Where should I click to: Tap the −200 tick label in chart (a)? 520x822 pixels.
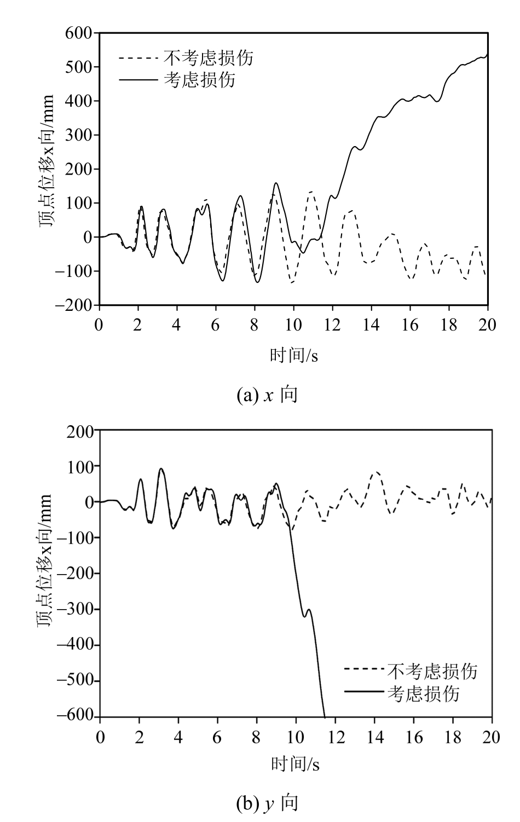coord(76,305)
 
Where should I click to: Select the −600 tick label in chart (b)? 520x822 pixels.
coord(76,717)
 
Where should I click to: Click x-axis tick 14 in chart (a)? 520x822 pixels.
coord(371,325)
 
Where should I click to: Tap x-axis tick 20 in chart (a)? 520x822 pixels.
coord(487,325)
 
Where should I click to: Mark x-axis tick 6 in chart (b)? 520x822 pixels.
coord(217,737)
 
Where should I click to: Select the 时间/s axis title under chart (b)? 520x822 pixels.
coord(295,763)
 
